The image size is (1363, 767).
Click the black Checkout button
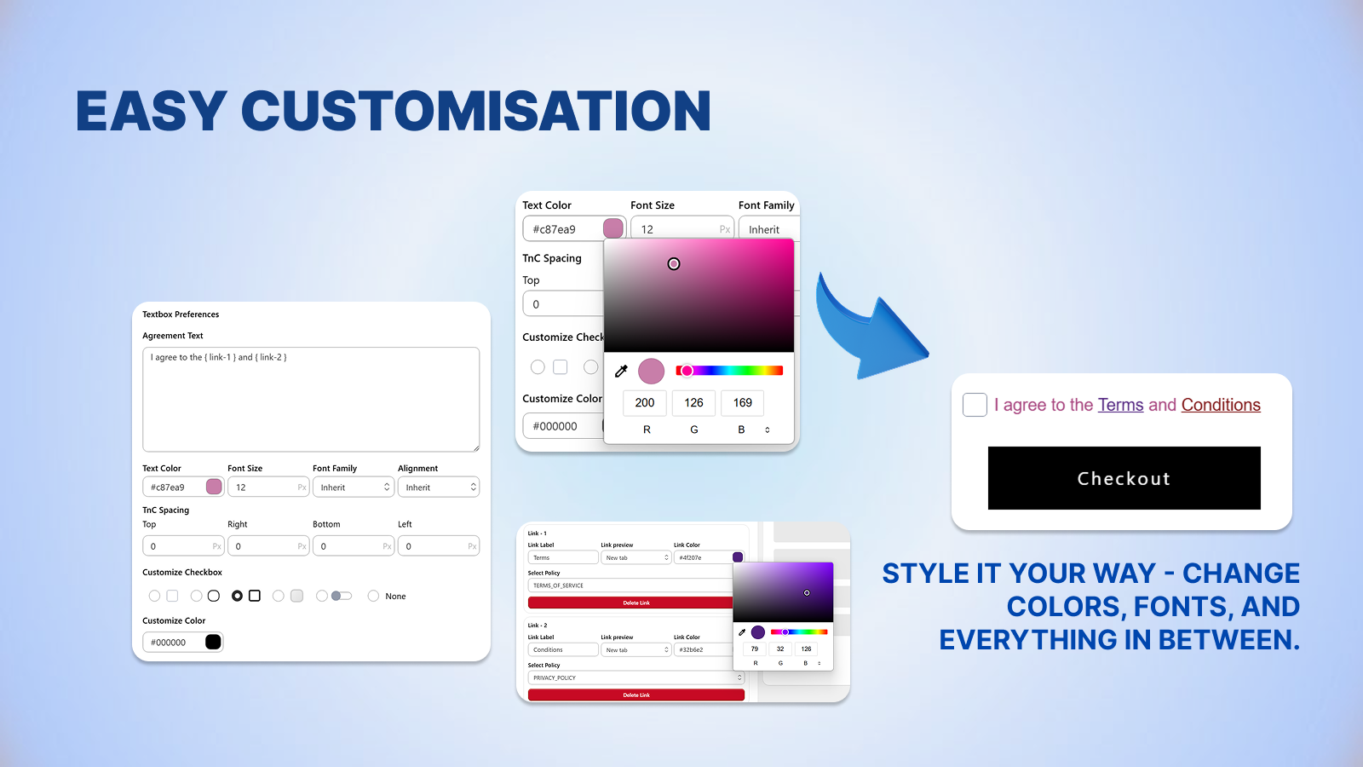[1124, 478]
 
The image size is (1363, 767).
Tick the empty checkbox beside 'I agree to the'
[975, 405]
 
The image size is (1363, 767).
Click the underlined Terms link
[1120, 405]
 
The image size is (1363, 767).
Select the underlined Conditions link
[1220, 405]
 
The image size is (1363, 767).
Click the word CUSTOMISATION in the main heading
[476, 112]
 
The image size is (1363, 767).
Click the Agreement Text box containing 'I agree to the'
[311, 399]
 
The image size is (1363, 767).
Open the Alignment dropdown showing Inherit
[438, 487]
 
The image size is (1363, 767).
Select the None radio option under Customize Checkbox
[374, 596]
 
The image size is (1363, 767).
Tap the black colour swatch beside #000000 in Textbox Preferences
[213, 642]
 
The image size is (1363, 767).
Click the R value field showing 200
[645, 402]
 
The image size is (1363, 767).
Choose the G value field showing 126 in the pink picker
[693, 402]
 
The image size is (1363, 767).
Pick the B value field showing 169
[742, 402]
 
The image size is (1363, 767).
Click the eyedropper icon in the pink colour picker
[621, 371]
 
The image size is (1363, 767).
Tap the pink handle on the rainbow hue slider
[687, 371]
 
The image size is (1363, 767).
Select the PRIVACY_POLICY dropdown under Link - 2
[635, 678]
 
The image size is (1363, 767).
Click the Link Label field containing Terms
[562, 557]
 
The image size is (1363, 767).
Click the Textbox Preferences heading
[181, 314]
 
